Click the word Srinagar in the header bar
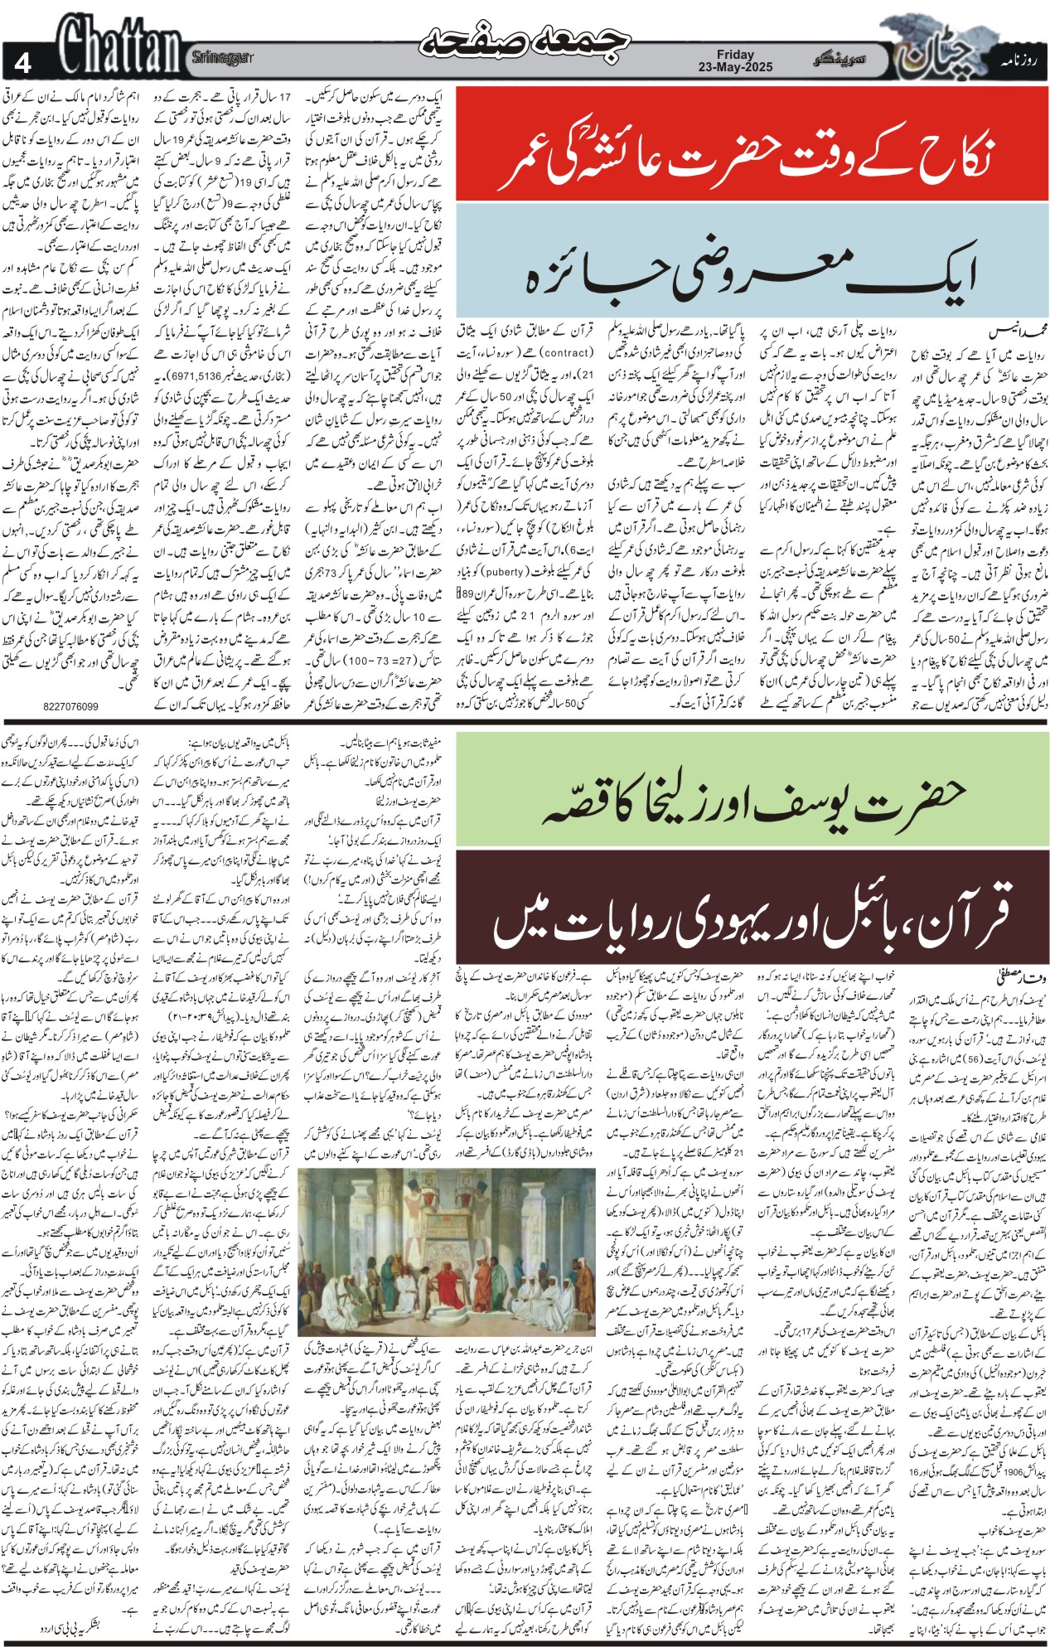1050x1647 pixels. [222, 57]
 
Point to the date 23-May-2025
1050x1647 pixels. [735, 66]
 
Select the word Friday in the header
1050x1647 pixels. [735, 54]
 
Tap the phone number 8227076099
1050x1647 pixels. [70, 706]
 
